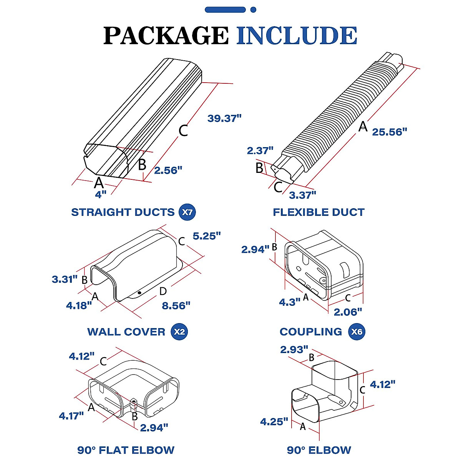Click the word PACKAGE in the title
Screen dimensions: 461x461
[x=166, y=36]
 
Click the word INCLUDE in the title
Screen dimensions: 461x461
[x=297, y=36]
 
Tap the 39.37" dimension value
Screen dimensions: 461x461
[x=224, y=118]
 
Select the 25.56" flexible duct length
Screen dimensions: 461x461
[x=389, y=132]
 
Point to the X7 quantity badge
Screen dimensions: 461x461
[x=187, y=212]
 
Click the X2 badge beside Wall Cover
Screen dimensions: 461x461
[x=179, y=332]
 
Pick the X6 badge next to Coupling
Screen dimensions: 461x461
[x=357, y=332]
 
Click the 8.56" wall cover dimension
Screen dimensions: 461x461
[x=176, y=305]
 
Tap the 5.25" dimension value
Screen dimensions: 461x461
[x=207, y=236]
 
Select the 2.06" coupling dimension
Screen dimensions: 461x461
[x=348, y=312]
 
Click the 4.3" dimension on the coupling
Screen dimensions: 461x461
[x=290, y=302]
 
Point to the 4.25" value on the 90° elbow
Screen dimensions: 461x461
[x=274, y=421]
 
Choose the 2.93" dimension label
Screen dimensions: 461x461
[x=294, y=350]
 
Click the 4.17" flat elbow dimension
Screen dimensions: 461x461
[x=71, y=416]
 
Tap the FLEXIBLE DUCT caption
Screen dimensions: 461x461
[x=318, y=212]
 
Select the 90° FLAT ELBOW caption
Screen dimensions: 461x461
[x=126, y=450]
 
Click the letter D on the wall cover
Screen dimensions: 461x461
[x=163, y=291]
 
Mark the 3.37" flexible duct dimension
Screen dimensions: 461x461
[x=302, y=195]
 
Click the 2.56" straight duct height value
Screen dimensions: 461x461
[x=168, y=170]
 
